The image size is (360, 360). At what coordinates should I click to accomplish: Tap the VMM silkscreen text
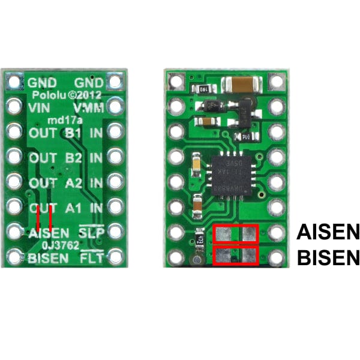pyautogui.click(x=88, y=108)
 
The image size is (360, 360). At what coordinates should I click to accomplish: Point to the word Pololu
pyautogui.click(x=47, y=95)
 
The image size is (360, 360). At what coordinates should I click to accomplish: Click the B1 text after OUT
pyautogui.click(x=73, y=133)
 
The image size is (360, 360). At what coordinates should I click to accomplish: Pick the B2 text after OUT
pyautogui.click(x=73, y=158)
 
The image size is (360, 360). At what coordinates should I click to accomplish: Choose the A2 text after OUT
pyautogui.click(x=73, y=183)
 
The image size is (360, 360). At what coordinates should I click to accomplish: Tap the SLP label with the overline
pyautogui.click(x=91, y=233)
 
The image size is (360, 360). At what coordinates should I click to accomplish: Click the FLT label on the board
pyautogui.click(x=91, y=259)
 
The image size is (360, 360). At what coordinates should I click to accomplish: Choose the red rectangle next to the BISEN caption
pyautogui.click(x=235, y=256)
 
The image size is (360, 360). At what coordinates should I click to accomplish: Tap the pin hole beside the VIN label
pyautogui.click(x=13, y=107)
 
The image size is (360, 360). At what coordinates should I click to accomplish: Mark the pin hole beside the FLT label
pyautogui.click(x=114, y=258)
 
